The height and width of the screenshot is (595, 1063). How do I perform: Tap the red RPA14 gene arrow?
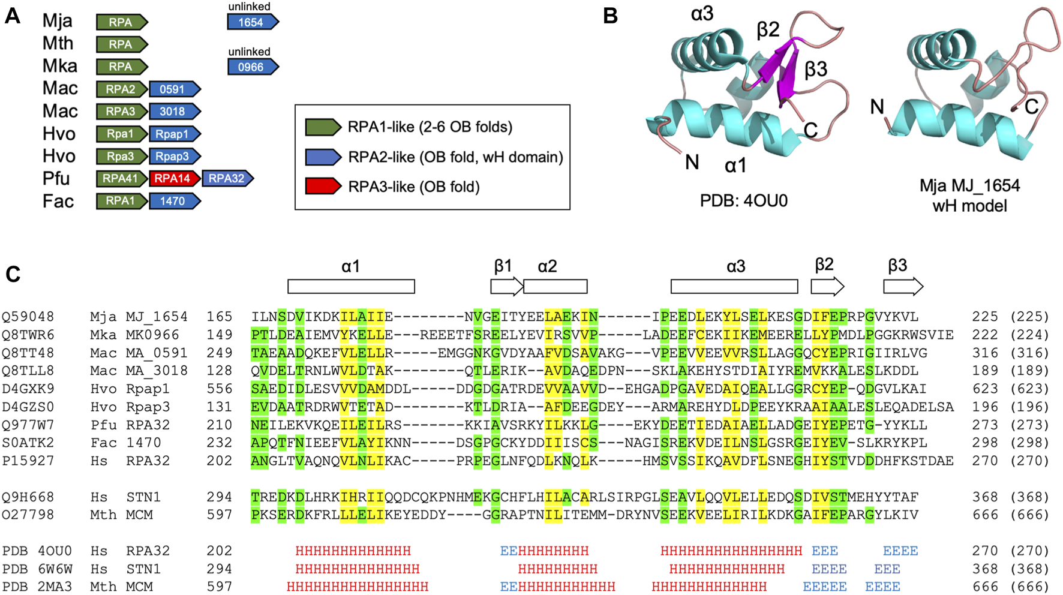[x=174, y=178]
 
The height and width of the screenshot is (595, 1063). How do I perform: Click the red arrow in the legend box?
[x=323, y=187]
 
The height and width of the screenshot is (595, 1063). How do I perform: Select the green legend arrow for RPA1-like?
[x=323, y=127]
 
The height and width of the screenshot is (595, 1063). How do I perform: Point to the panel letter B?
[x=610, y=16]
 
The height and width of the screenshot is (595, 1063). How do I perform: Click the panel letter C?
[x=13, y=274]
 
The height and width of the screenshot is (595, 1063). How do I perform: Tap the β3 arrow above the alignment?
[x=903, y=287]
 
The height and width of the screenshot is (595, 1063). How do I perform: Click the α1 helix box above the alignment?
[x=351, y=287]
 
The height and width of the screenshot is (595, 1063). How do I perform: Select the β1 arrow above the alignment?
[x=506, y=287]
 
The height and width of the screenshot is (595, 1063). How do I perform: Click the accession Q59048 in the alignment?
[x=28, y=317]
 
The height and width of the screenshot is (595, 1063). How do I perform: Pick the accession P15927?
[x=28, y=461]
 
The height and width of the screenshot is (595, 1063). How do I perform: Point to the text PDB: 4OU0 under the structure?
[x=743, y=200]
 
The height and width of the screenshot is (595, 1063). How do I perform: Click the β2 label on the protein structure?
[x=768, y=29]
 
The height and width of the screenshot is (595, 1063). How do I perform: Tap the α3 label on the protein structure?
[x=702, y=13]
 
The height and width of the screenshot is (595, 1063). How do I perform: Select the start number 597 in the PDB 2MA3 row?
[x=219, y=587]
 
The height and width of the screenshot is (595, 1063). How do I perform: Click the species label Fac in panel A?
[x=58, y=201]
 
